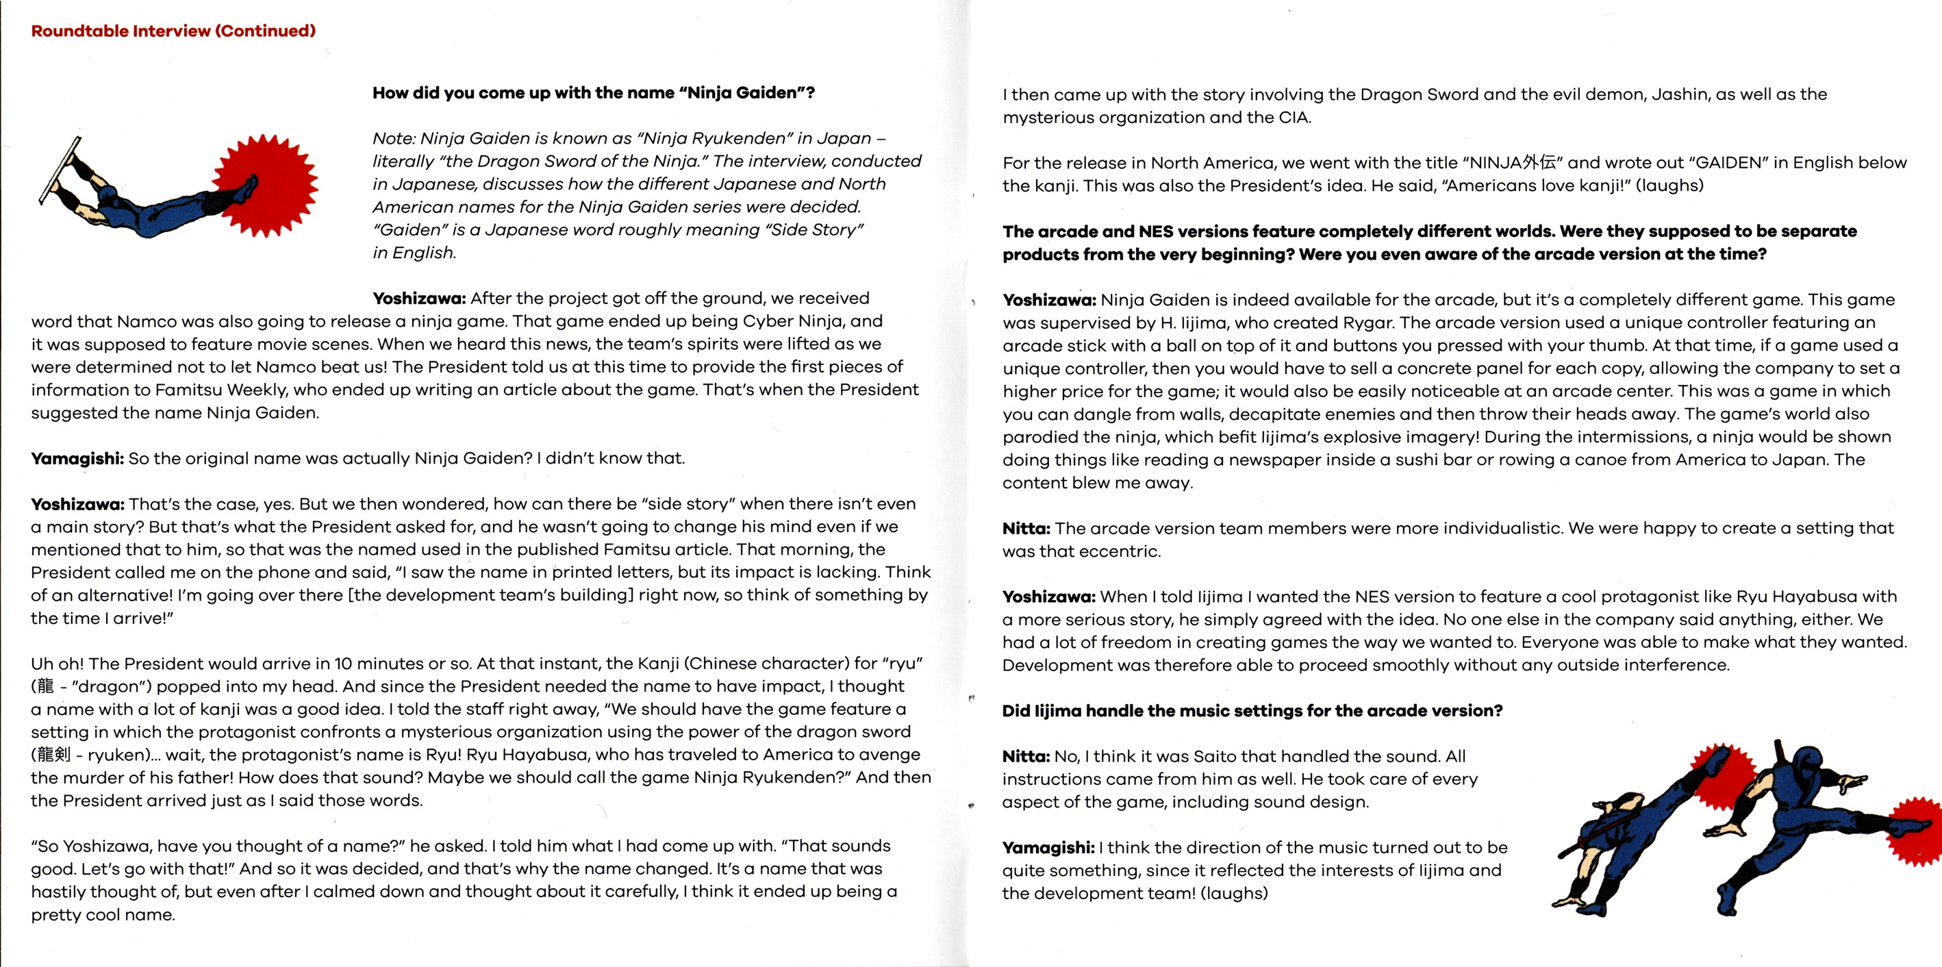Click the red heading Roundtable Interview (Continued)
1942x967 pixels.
tap(173, 31)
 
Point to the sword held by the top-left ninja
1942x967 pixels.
tap(60, 171)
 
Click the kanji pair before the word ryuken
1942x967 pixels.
tap(53, 755)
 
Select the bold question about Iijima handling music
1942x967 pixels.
tap(1252, 711)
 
